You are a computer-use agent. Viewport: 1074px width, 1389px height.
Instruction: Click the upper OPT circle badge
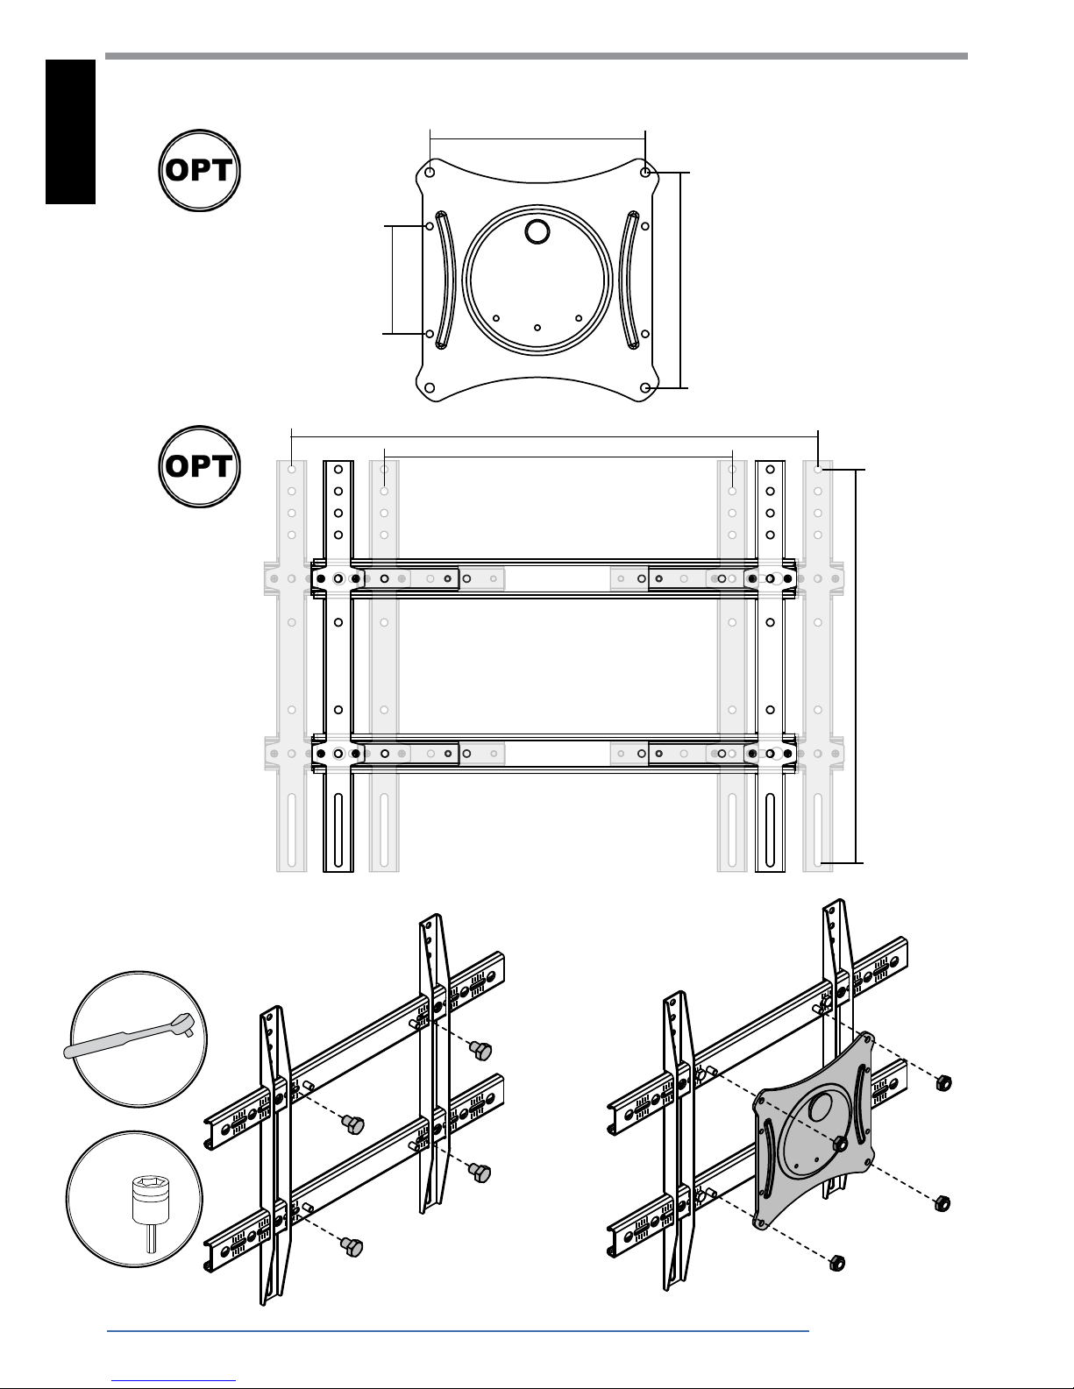pos(200,171)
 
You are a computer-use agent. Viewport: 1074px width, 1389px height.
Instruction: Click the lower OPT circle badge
pos(200,466)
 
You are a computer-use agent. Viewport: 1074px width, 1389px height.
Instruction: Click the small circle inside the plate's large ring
pos(537,232)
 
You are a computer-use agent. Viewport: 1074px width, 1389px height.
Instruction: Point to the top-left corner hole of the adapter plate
pos(430,173)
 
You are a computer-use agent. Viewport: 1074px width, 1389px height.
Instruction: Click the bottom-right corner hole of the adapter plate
pos(645,388)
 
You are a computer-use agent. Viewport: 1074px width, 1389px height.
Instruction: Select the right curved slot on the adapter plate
pos(629,280)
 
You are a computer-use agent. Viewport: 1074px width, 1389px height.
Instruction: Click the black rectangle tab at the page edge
pos(70,131)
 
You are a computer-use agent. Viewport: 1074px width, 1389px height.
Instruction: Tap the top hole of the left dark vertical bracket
pos(338,470)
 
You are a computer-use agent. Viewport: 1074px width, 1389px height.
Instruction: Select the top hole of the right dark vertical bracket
pos(771,470)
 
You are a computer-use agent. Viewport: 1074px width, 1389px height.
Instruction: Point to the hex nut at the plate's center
pos(840,1145)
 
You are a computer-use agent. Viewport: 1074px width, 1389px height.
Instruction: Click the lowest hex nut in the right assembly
pos(836,1263)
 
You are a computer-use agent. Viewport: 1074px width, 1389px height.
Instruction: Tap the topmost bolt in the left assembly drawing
pos(480,1050)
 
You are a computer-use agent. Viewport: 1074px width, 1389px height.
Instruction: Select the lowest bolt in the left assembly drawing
pos(352,1246)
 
